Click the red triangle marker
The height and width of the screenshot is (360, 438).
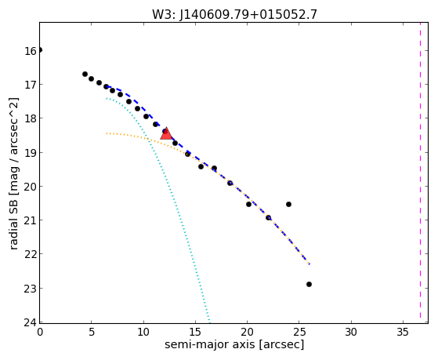[166, 133]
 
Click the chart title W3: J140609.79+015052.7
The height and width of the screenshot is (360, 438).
[234, 14]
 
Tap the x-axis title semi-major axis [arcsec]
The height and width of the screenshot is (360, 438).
[234, 344]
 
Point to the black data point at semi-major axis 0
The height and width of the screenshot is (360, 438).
[40, 50]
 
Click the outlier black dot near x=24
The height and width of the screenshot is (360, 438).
[288, 204]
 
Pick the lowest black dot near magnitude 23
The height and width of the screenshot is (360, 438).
[309, 284]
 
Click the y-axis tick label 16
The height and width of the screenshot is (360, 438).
[31, 51]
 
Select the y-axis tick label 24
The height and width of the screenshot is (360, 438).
[31, 322]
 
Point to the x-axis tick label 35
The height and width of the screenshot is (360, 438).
[403, 332]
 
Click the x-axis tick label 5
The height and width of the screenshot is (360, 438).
[92, 332]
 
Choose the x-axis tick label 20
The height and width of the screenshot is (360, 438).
[248, 332]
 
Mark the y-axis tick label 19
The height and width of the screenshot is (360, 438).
[31, 153]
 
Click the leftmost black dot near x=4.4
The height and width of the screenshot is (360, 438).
[85, 75]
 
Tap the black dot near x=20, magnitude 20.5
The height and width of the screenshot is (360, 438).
[248, 204]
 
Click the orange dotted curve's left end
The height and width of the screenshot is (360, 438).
[107, 133]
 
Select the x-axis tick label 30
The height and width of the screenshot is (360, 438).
[351, 332]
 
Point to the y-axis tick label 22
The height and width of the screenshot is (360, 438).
[31, 255]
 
